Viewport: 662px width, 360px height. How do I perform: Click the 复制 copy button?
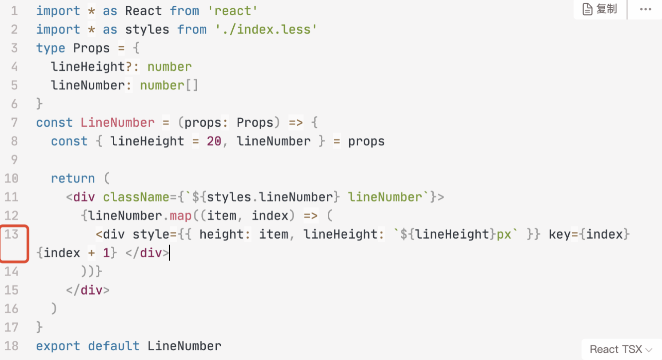tap(600, 9)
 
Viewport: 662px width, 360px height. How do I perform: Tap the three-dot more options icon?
tap(645, 9)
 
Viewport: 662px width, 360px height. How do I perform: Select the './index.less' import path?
tap(266, 30)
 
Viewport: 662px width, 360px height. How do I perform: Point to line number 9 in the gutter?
tap(13, 160)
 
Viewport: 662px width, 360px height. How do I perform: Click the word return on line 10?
tap(73, 179)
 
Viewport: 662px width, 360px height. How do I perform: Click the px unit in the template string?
tap(504, 235)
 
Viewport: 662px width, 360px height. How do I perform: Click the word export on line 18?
tap(58, 346)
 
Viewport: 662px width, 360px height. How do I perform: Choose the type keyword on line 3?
tap(51, 48)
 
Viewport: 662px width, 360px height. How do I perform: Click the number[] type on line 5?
tap(169, 85)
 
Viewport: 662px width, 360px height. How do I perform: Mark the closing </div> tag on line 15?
tap(88, 290)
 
